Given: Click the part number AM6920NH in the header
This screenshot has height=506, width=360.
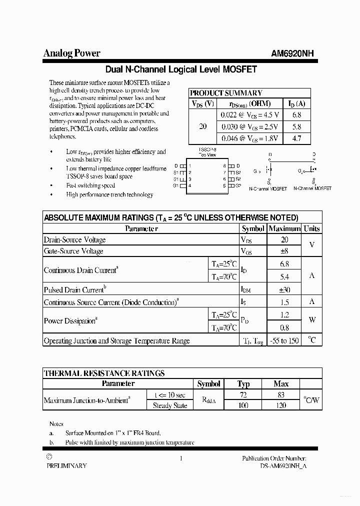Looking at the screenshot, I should tap(292, 54).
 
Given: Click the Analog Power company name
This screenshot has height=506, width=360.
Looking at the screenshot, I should tap(71, 53).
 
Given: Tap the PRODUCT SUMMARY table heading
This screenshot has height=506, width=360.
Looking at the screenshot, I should tap(226, 93).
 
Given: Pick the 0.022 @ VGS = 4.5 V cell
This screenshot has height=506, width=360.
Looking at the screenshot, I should tap(249, 114).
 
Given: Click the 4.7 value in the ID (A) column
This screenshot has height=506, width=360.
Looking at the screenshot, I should tap(296, 138).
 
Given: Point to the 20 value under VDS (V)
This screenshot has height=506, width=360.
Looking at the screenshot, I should tap(202, 126).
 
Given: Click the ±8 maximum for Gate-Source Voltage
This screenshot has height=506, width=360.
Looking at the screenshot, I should tap(284, 251).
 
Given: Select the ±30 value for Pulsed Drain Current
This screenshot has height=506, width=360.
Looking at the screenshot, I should tap(284, 289).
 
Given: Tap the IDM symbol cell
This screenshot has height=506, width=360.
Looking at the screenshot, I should tap(247, 289).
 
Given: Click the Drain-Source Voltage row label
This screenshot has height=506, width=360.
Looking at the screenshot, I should tap(74, 239).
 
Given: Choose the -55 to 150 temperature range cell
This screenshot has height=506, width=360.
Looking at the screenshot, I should tap(284, 340).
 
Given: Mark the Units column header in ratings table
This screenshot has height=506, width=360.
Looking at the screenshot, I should tap(311, 228).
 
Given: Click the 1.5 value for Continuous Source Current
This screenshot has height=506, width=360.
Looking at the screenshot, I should tap(284, 302).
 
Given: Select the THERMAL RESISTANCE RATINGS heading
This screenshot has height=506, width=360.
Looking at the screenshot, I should tap(104, 373).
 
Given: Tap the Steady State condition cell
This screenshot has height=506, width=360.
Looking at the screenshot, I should tap(169, 405).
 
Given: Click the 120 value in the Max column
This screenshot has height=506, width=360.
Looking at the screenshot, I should tap(281, 405).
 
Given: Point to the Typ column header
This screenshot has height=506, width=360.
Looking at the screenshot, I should tap(243, 384).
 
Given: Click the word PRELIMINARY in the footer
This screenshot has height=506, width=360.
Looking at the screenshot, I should tap(66, 465).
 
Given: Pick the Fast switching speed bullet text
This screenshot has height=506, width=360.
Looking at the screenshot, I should tap(90, 185).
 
